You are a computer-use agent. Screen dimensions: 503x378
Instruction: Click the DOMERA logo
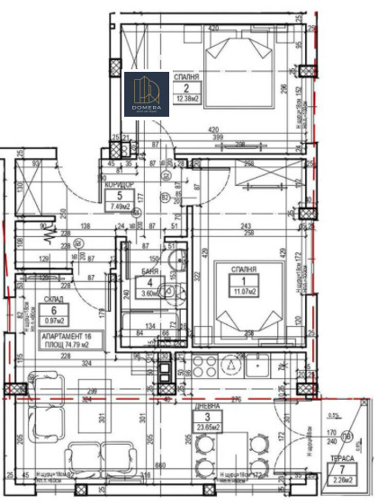click(x=146, y=95)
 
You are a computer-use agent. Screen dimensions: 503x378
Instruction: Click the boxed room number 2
click(x=187, y=88)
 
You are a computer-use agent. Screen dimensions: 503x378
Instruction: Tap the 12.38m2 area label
click(x=187, y=98)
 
